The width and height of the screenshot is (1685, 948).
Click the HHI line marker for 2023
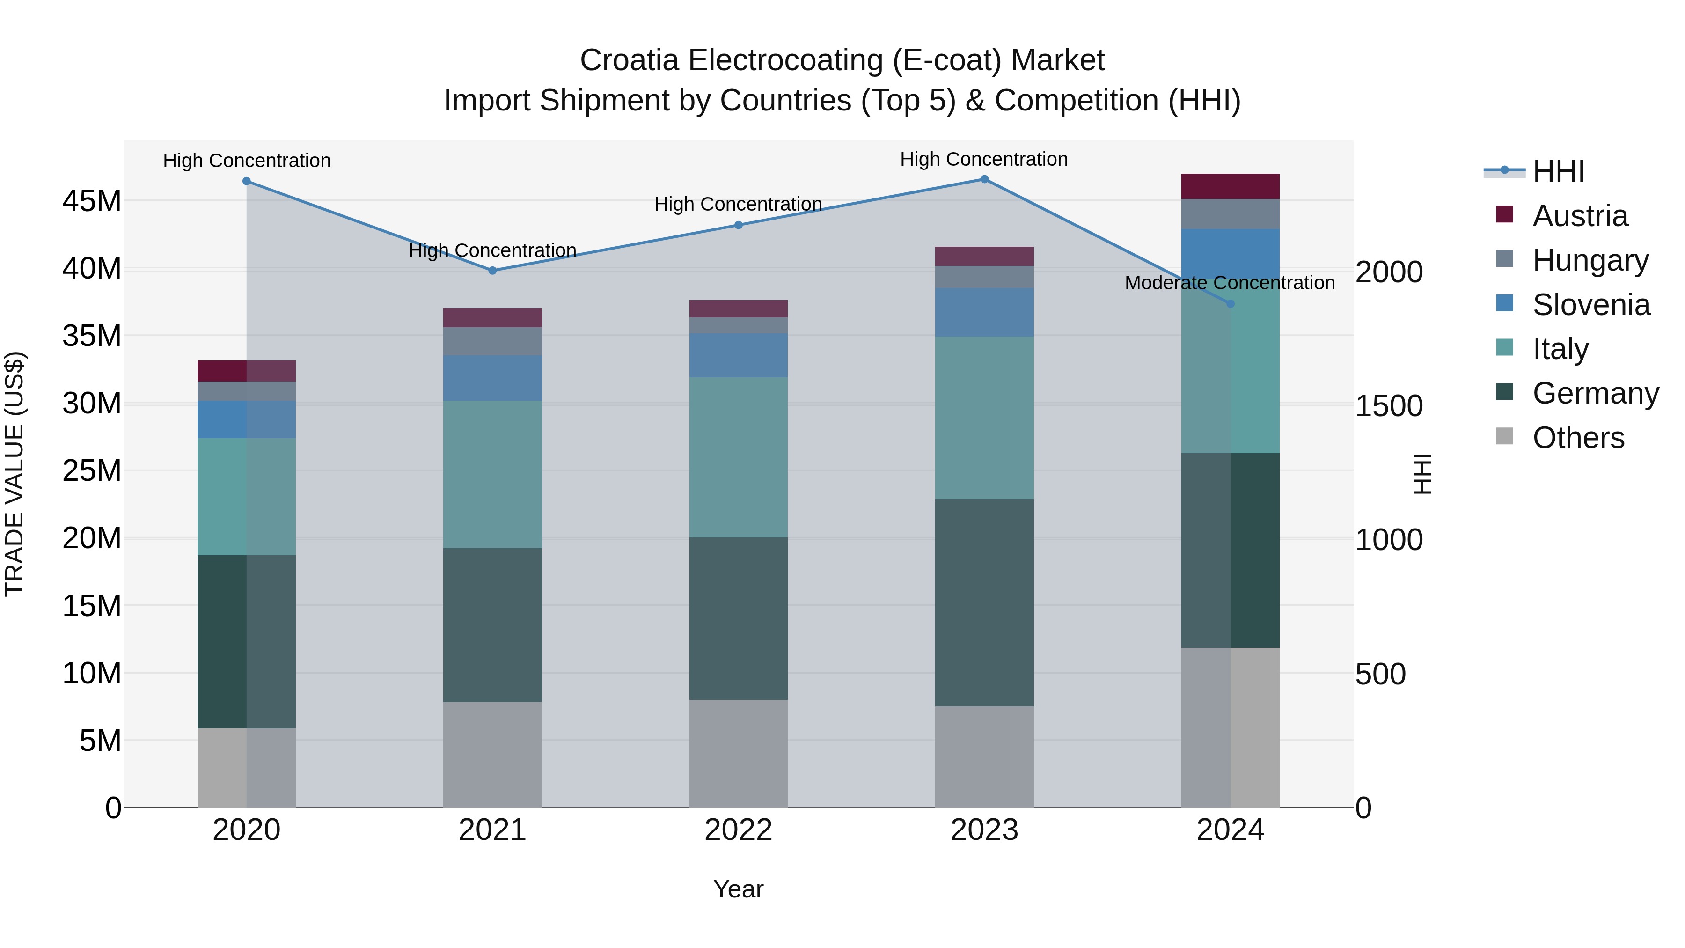tap(984, 179)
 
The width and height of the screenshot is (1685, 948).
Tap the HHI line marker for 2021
tap(492, 270)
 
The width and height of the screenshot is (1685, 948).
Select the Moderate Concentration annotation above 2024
tap(1229, 283)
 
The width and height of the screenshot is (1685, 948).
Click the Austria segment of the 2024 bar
tap(1230, 186)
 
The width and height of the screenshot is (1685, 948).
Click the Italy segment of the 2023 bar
tap(984, 418)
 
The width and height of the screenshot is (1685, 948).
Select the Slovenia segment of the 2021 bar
tap(492, 378)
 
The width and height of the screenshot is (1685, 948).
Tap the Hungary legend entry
tap(1590, 260)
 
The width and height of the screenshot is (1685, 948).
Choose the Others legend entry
tap(1578, 437)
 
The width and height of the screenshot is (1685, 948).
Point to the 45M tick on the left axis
tap(92, 201)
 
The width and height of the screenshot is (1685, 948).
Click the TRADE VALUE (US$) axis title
tap(15, 474)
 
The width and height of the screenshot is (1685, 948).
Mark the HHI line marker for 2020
tap(247, 181)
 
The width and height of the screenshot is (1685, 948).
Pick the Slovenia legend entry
tap(1591, 304)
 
